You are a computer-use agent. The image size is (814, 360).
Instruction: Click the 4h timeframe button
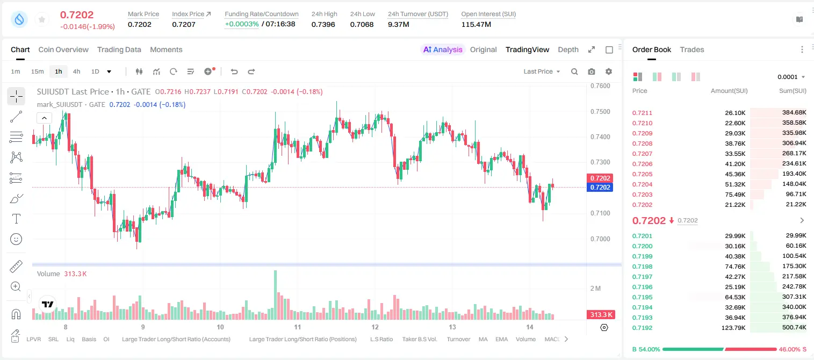coord(76,71)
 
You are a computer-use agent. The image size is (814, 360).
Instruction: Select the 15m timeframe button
coord(38,71)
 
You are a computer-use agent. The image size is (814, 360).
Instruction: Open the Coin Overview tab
coord(63,49)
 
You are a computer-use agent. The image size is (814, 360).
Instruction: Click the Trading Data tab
coord(119,49)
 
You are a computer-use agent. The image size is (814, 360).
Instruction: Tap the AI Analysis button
coord(443,49)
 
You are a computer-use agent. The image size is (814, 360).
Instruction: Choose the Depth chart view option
coord(568,49)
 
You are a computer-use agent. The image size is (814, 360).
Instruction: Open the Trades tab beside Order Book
coord(692,49)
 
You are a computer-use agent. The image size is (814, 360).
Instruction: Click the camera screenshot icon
coord(592,71)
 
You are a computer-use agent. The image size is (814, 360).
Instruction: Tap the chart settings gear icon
coord(609,71)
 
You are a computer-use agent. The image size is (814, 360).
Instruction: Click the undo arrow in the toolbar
coord(234,71)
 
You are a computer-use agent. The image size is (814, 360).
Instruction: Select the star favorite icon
coord(42,19)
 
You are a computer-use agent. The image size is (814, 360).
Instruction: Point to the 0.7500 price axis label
coord(600,112)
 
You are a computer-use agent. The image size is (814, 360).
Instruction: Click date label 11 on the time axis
coord(298,327)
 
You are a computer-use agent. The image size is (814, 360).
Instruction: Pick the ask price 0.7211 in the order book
coord(642,113)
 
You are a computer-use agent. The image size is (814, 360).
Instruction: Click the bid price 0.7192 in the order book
coord(642,328)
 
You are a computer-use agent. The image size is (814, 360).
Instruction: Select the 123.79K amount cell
coord(733,328)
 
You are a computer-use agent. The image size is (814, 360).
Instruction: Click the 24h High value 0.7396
coord(323,24)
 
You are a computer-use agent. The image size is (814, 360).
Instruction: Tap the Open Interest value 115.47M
coord(476,24)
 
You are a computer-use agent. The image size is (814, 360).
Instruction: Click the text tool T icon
coord(16,219)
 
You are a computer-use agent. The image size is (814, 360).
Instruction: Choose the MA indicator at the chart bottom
coord(483,339)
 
